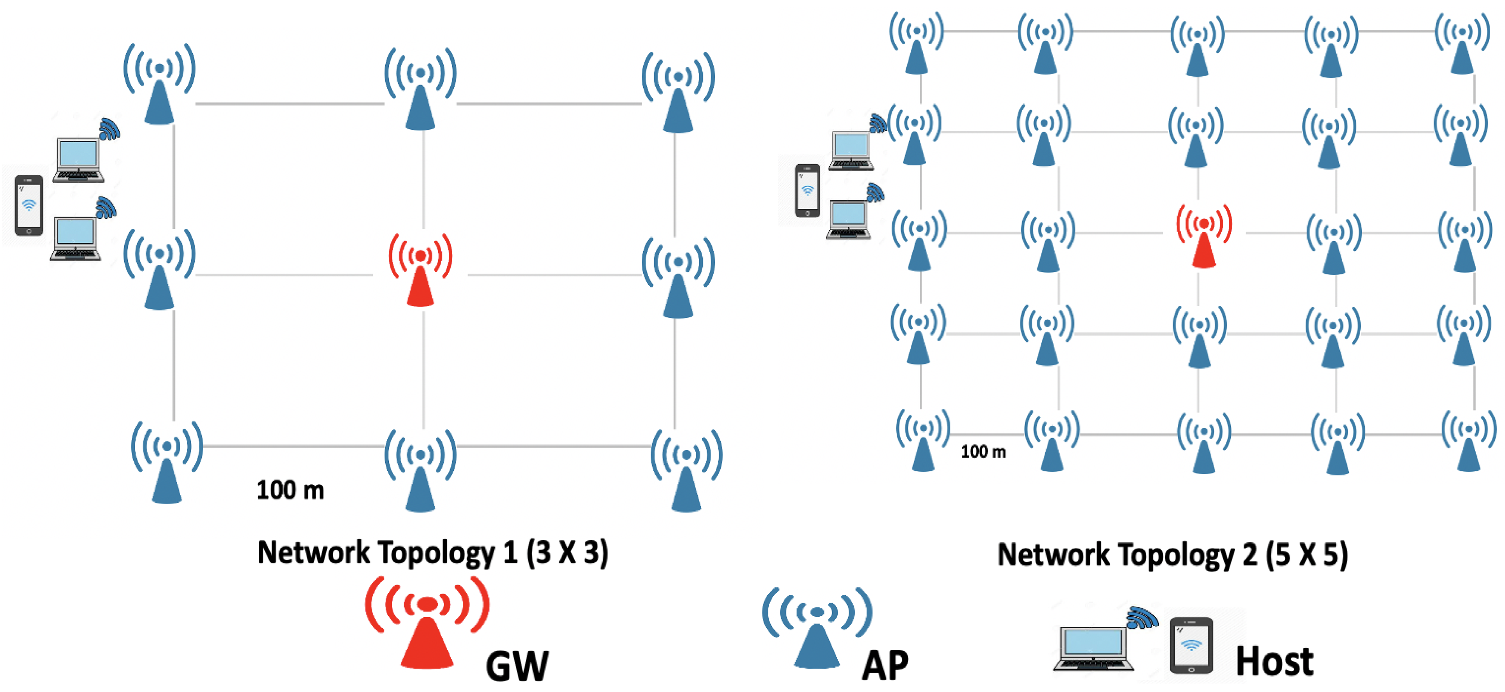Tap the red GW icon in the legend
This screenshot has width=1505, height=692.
[x=427, y=622]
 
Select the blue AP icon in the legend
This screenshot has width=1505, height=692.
[x=817, y=628]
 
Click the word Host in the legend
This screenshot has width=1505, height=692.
[x=1274, y=662]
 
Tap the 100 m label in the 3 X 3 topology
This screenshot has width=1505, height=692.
[x=290, y=490]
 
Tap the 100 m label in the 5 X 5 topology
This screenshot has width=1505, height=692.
[x=983, y=451]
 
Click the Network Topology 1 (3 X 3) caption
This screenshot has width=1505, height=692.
[x=432, y=552]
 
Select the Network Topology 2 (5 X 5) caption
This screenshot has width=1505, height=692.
[x=1173, y=554]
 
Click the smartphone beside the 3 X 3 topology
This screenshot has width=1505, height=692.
[x=28, y=205]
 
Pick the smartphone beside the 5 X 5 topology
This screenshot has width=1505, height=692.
[x=808, y=191]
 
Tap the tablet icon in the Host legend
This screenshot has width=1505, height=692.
[x=1191, y=646]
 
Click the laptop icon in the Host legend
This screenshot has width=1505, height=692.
[x=1093, y=648]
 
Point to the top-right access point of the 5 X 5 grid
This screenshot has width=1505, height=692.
[x=1462, y=43]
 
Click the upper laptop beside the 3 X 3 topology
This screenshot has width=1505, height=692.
[x=78, y=159]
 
